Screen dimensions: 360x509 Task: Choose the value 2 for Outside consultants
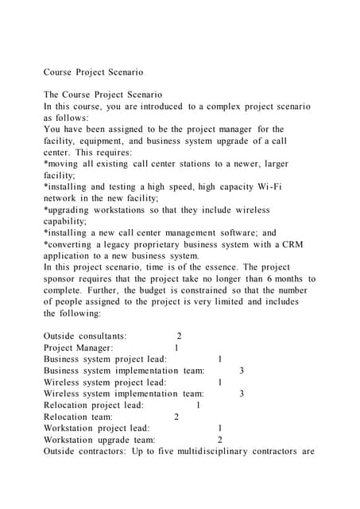coord(179,336)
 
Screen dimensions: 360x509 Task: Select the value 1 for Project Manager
coord(176,348)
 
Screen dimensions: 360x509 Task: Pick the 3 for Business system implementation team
coord(242,371)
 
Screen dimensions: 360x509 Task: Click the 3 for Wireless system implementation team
coord(242,394)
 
